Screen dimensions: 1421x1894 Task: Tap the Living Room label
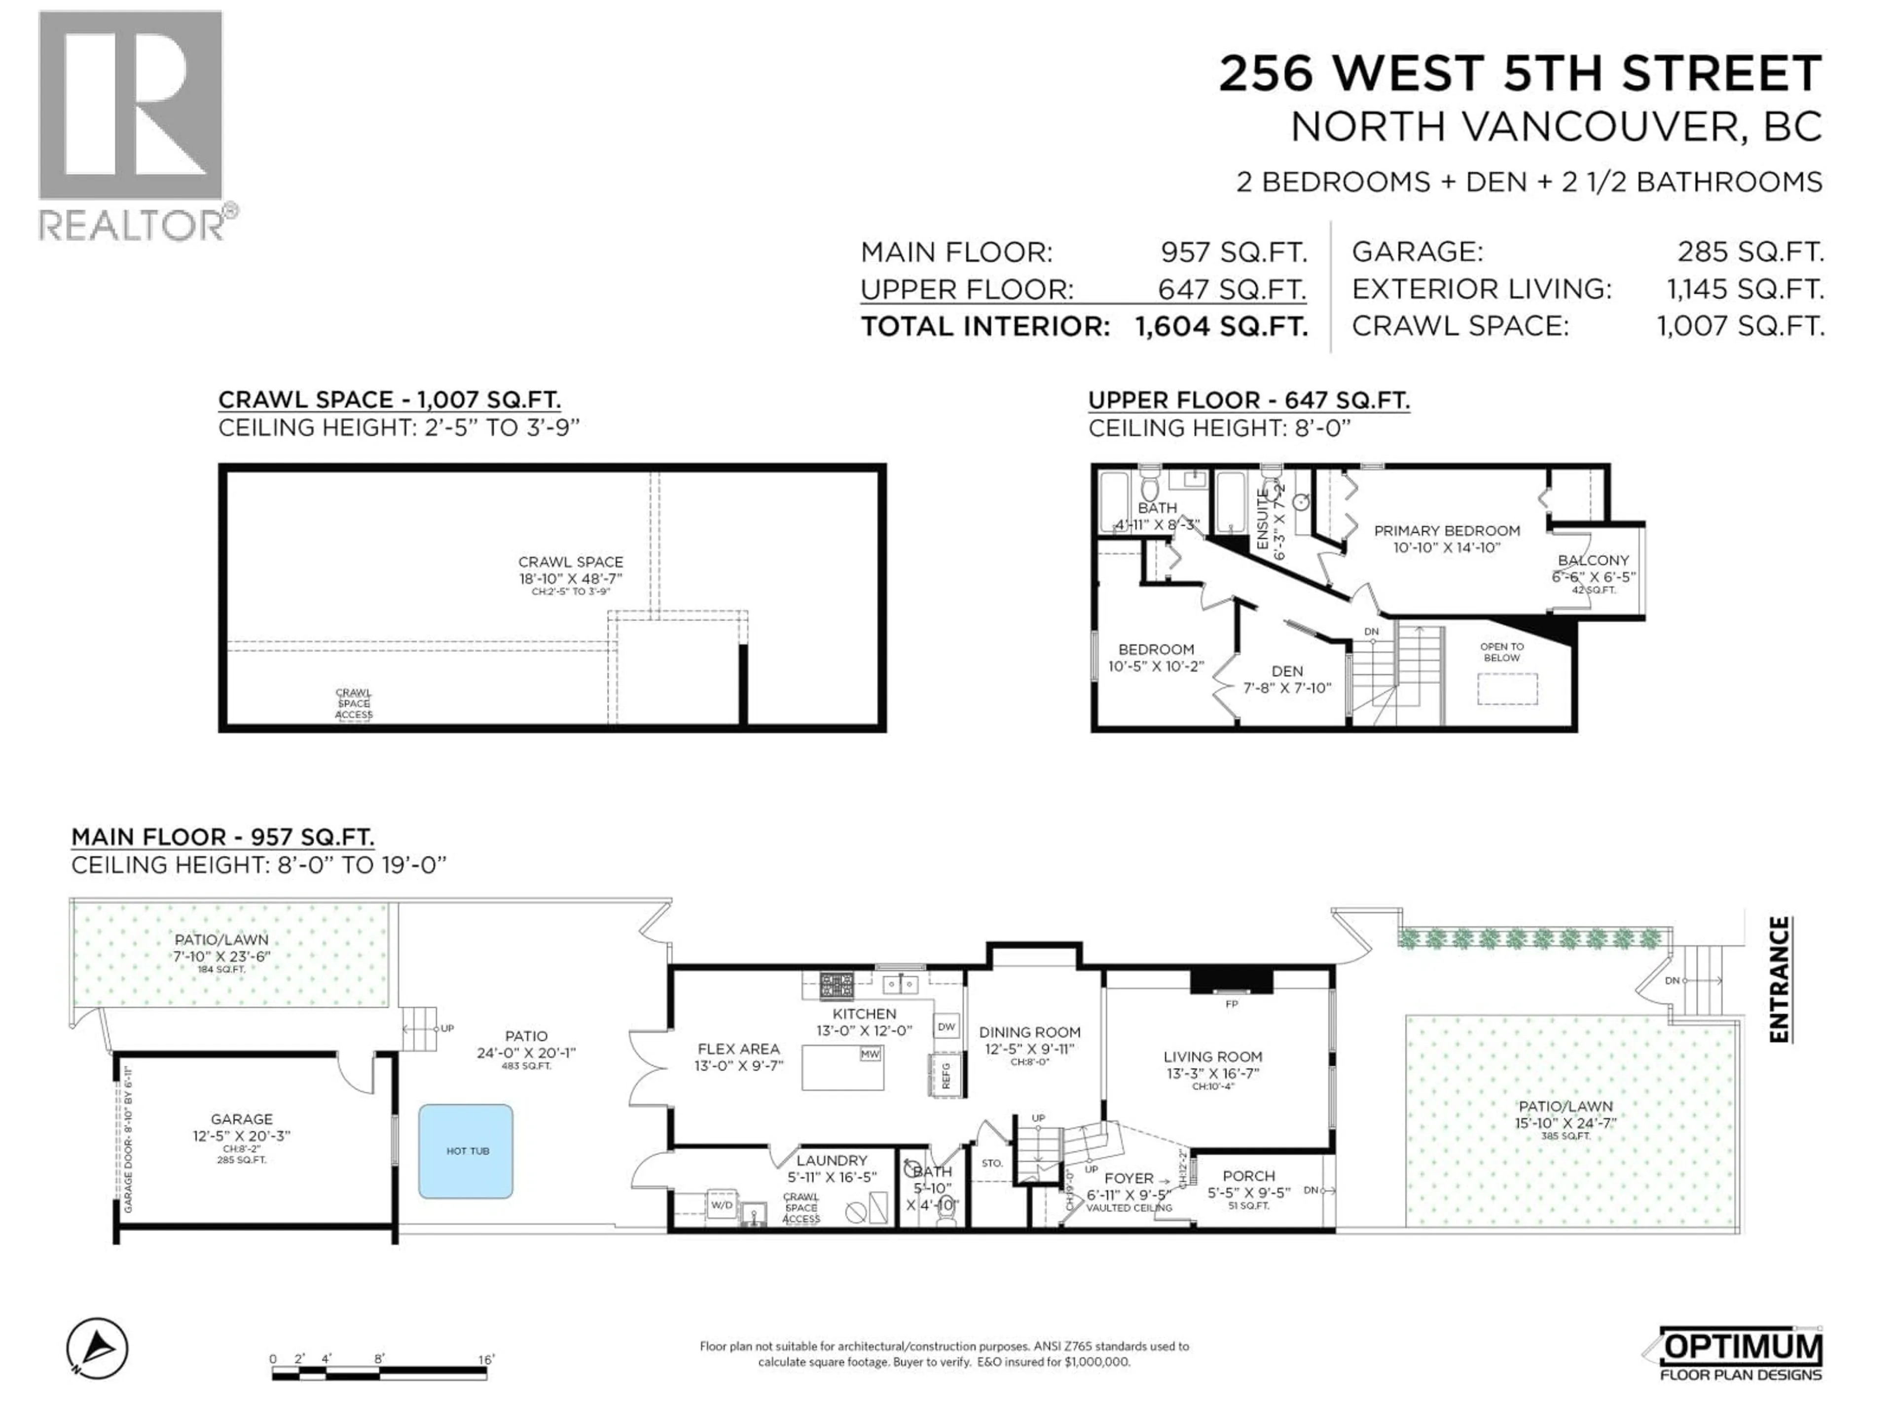1212,1057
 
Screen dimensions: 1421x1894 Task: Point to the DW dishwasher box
946,1026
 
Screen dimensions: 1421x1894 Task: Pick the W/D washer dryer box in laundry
722,1204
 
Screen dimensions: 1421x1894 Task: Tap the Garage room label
242,1119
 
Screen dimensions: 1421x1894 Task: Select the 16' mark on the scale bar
485,1359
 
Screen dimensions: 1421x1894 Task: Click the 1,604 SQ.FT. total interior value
1221,326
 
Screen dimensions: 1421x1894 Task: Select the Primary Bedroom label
1447,530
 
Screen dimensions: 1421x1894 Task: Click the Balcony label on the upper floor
1593,560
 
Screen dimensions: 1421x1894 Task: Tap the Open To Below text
1502,652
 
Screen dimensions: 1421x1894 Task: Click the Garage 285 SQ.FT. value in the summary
1750,252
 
